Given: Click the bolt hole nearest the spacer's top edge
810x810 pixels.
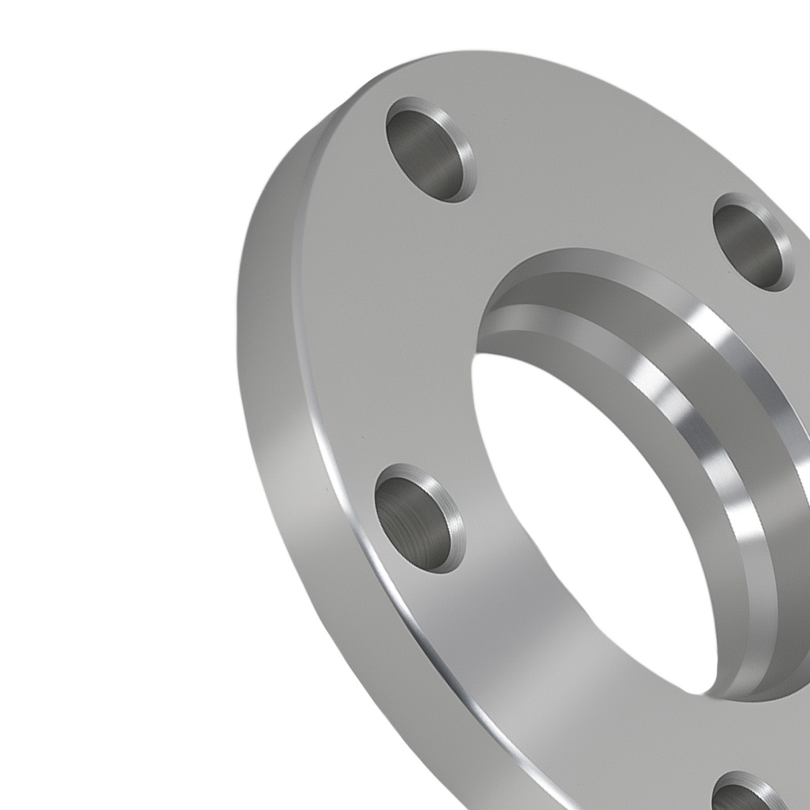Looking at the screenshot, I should (429, 150).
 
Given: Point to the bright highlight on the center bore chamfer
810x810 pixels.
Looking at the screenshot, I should (713, 421).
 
